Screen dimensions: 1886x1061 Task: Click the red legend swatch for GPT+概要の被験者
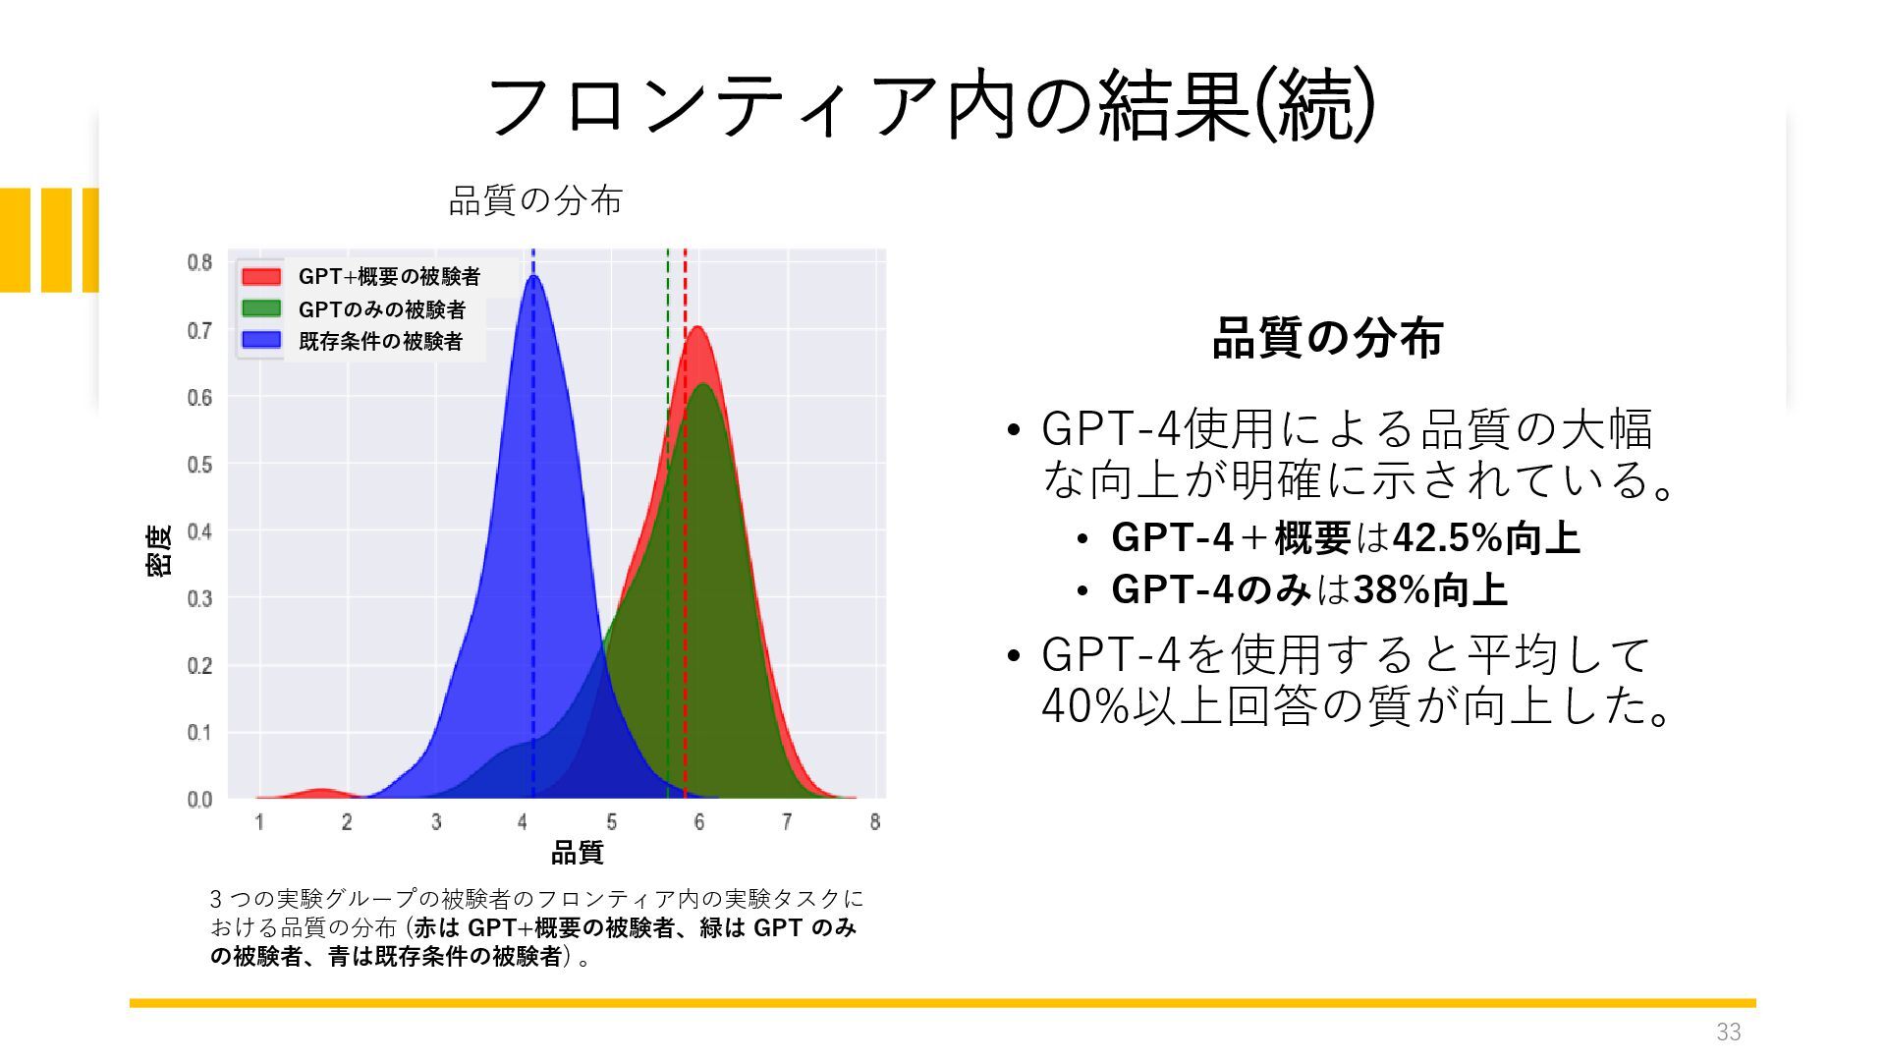click(261, 276)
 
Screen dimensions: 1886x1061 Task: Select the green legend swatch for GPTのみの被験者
click(261, 308)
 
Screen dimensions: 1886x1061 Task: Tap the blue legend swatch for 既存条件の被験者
click(261, 341)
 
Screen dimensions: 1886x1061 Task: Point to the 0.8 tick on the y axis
click(199, 262)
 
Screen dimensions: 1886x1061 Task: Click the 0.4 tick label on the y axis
click(199, 531)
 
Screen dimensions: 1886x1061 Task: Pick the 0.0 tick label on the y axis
click(199, 800)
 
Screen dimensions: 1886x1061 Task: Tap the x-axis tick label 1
click(259, 822)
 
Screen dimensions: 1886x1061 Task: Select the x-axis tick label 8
click(874, 822)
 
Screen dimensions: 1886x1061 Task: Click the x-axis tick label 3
click(435, 822)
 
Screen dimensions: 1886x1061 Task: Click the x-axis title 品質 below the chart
click(577, 853)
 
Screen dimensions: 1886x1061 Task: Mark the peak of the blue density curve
click(533, 276)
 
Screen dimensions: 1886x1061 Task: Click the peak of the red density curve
click(697, 327)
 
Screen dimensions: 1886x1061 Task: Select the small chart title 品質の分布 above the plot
click(535, 200)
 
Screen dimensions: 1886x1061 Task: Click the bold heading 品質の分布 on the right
click(1327, 338)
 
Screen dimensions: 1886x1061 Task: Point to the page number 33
click(1729, 1033)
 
